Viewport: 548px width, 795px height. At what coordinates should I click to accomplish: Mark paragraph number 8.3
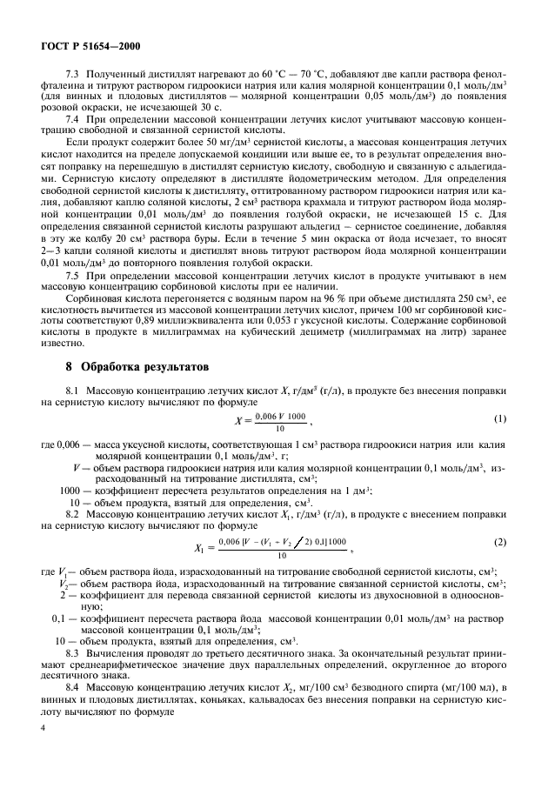point(73,651)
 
